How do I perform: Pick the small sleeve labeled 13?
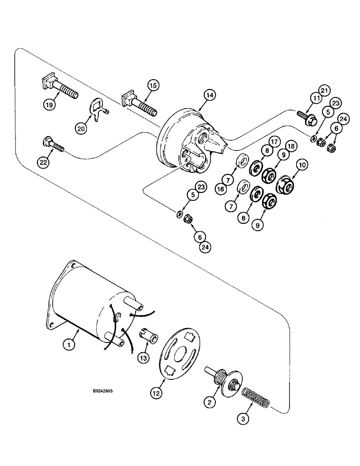pyautogui.click(x=150, y=335)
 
